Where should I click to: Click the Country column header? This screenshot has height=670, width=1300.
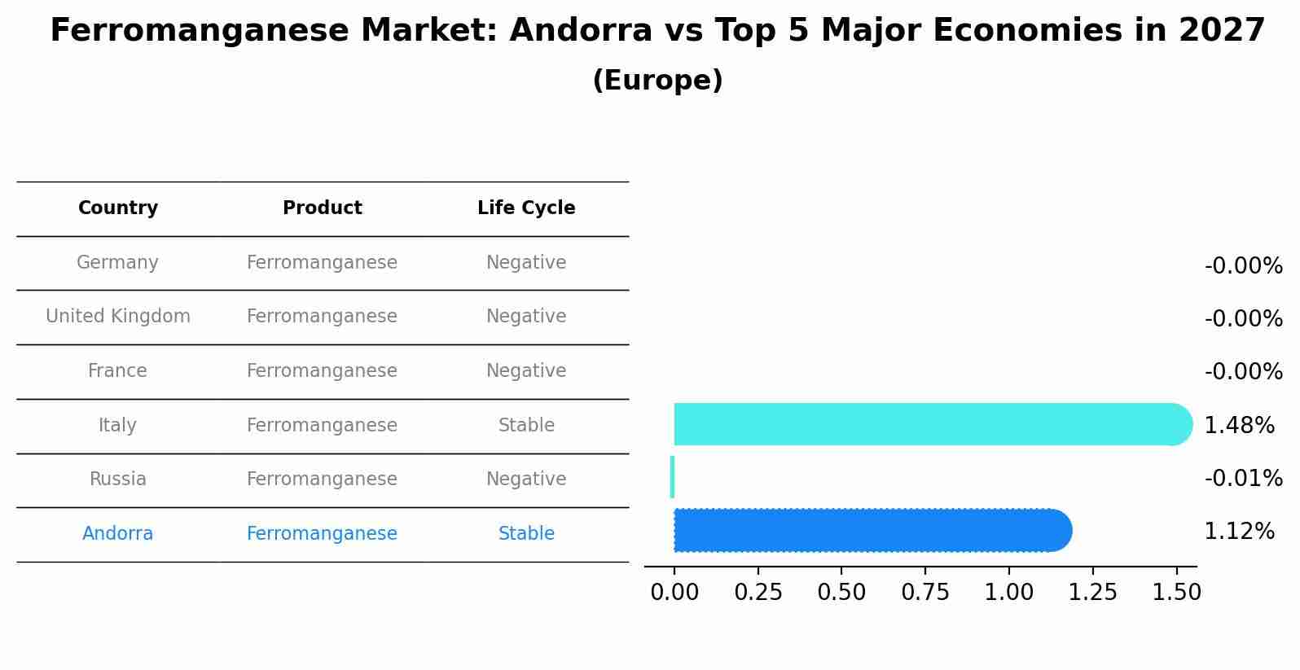[118, 208]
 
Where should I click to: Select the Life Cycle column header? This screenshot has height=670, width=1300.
[526, 208]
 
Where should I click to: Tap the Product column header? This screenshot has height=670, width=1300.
[322, 208]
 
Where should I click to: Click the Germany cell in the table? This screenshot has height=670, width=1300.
[118, 263]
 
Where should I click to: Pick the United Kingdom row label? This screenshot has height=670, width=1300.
[118, 317]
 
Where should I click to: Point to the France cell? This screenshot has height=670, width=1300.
[118, 371]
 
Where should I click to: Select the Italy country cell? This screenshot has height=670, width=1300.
[118, 426]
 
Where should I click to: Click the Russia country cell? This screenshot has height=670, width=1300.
[118, 480]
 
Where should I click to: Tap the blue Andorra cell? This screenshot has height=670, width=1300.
[118, 534]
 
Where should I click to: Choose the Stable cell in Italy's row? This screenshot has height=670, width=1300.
[526, 426]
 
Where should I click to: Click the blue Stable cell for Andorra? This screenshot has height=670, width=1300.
[526, 534]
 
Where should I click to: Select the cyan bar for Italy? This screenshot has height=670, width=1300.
[929, 424]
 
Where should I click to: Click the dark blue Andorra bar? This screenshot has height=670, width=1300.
[872, 531]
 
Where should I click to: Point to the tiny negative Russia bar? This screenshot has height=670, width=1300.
[672, 477]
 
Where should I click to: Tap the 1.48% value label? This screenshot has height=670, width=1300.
[1239, 426]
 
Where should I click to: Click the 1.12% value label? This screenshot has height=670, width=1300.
[1239, 532]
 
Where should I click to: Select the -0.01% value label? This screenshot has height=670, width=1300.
[1243, 479]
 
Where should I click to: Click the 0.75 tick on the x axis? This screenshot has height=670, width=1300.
[925, 593]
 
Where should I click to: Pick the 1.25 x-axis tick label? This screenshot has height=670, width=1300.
[1092, 593]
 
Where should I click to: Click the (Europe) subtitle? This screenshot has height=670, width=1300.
[657, 81]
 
